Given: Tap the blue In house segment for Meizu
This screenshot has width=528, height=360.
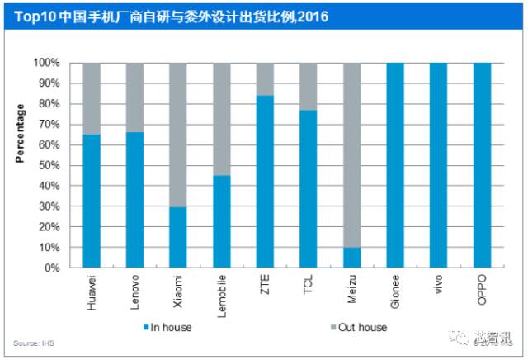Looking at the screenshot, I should click(351, 258).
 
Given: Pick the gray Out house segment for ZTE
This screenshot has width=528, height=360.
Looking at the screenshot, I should click(265, 78).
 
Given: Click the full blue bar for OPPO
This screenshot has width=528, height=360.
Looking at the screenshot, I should click(482, 165).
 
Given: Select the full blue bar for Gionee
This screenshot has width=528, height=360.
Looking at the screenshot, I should click(395, 165).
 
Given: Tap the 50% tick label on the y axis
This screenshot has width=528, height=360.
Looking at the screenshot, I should click(48, 165).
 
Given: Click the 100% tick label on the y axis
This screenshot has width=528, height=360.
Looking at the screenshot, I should click(46, 63).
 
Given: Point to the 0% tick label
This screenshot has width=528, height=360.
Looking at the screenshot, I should click(50, 268).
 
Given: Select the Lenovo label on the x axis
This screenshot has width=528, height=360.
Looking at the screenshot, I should click(134, 296).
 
